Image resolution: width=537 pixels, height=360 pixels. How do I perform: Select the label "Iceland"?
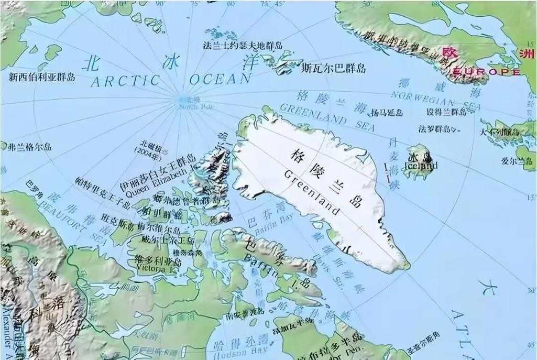[x=422, y=166]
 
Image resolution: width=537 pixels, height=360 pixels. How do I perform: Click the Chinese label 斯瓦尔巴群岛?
[x=333, y=69]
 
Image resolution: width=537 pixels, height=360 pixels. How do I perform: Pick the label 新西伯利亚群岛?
[x=42, y=77]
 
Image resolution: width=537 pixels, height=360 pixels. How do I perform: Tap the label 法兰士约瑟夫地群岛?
[x=243, y=46]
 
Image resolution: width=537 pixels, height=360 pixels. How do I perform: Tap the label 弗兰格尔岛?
[x=30, y=147]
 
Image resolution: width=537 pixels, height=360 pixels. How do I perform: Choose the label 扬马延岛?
[x=387, y=112]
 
